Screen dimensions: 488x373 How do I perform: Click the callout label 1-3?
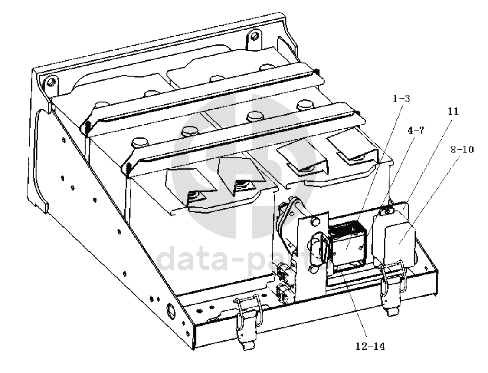coord(401,99)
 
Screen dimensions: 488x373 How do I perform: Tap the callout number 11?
coord(453,111)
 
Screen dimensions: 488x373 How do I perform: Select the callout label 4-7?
coord(416,131)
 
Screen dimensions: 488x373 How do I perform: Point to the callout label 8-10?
coord(462,149)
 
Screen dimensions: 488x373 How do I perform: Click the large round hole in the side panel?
coord(171,310)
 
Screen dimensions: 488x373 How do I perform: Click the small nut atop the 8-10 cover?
coord(386,212)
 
